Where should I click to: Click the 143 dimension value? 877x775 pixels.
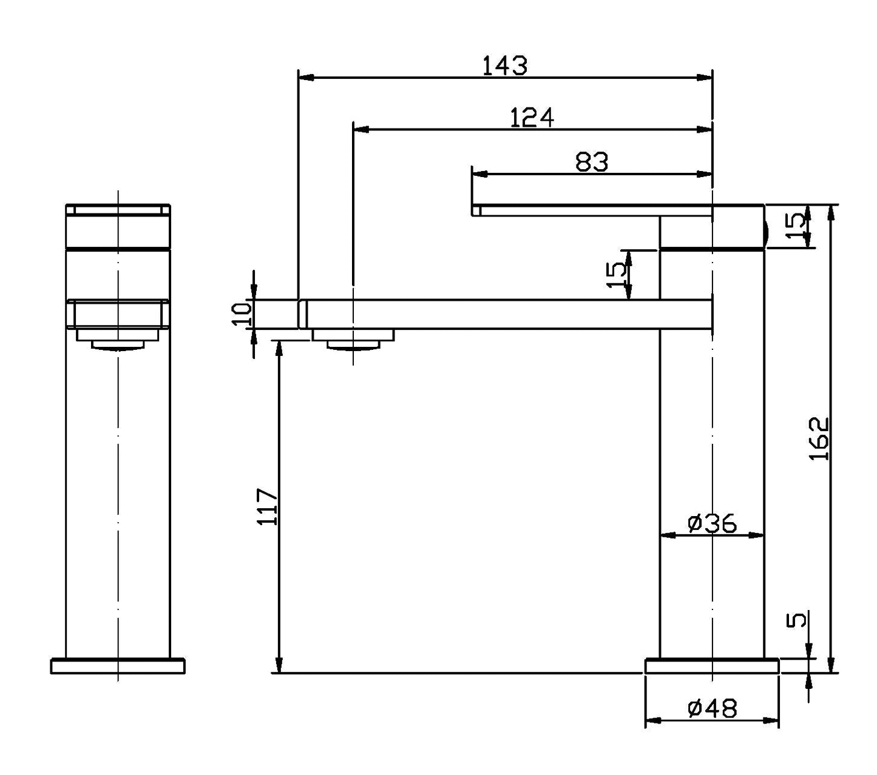504,65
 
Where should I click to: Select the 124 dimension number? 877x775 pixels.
532,117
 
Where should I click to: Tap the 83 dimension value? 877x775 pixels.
591,162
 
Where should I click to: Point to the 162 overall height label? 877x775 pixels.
819,438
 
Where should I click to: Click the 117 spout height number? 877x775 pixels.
268,506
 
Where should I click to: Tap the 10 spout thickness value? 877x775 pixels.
242,314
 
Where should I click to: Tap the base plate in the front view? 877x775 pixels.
118,666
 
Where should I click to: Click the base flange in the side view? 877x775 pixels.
711,666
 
